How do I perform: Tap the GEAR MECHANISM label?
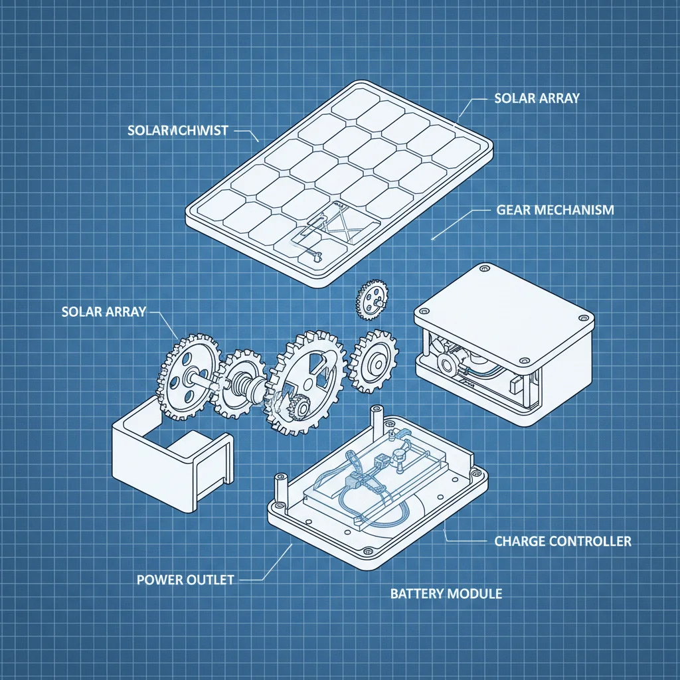pyautogui.click(x=555, y=210)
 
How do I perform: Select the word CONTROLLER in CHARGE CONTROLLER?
pyautogui.click(x=590, y=541)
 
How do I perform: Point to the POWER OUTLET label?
pyautogui.click(x=185, y=580)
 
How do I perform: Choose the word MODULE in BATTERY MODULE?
pyautogui.click(x=476, y=593)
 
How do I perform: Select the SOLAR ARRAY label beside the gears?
pyautogui.click(x=103, y=311)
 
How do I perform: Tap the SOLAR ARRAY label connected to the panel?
pyautogui.click(x=537, y=98)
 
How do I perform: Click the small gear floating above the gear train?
pyautogui.click(x=371, y=299)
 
